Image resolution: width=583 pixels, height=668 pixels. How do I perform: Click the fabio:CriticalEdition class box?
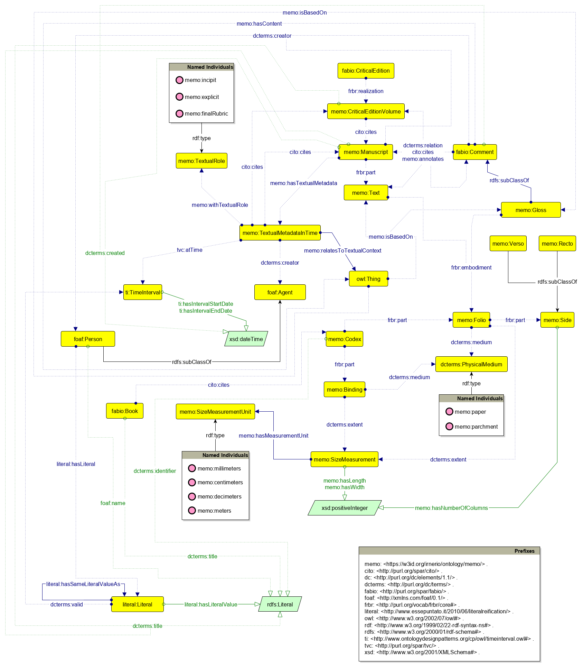pyautogui.click(x=366, y=71)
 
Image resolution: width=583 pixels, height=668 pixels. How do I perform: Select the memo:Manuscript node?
pyautogui.click(x=366, y=152)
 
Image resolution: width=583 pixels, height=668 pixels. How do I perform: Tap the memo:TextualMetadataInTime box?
pyautogui.click(x=280, y=233)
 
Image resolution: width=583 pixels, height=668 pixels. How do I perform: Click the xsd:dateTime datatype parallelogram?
pyautogui.click(x=246, y=339)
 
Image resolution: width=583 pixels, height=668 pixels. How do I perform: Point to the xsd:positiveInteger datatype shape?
pyautogui.click(x=345, y=508)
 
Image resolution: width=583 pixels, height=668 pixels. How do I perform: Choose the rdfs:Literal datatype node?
pyautogui.click(x=280, y=604)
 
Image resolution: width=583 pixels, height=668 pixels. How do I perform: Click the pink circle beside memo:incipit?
pyautogui.click(x=179, y=80)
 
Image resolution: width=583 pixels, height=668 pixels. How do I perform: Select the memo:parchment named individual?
pyautogui.click(x=476, y=427)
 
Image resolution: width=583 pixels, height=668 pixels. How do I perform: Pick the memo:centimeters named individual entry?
pyautogui.click(x=220, y=482)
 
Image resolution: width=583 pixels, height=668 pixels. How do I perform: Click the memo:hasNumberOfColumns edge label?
pyautogui.click(x=451, y=508)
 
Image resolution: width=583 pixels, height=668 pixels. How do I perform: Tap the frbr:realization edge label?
pyautogui.click(x=366, y=91)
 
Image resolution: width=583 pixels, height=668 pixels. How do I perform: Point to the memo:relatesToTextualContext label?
pyautogui.click(x=342, y=250)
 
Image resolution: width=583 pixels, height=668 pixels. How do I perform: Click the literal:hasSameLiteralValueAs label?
pyautogui.click(x=83, y=584)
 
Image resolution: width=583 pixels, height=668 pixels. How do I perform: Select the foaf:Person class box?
pyautogui.click(x=88, y=339)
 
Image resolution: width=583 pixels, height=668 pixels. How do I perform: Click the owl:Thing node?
pyautogui.click(x=368, y=279)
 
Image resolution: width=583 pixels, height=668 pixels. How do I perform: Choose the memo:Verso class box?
pyautogui.click(x=508, y=244)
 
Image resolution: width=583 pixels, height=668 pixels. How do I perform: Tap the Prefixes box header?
pyautogui.click(x=449, y=551)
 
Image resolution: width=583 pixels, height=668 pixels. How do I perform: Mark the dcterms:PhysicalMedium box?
pyautogui.click(x=471, y=364)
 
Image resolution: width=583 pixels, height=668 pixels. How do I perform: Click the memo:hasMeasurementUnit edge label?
pyautogui.click(x=273, y=436)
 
